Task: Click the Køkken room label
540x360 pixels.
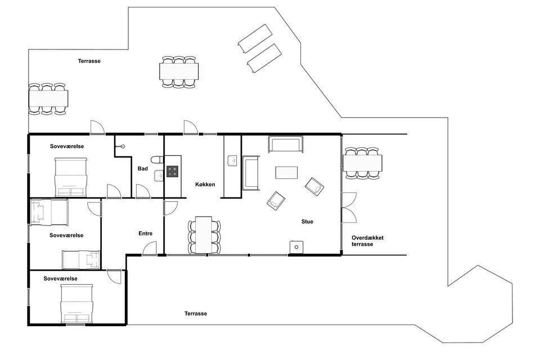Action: (205, 184)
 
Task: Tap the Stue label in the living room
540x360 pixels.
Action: (307, 222)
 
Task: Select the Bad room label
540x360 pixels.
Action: (142, 168)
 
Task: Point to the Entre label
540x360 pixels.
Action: (145, 233)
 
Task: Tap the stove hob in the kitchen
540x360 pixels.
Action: (173, 171)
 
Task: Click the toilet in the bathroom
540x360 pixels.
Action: (157, 160)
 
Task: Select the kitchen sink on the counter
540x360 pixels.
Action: (232, 161)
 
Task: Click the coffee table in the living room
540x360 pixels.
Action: (286, 173)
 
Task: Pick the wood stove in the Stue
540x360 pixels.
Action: (296, 247)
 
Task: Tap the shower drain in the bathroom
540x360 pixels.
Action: (123, 146)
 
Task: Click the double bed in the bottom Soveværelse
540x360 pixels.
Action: (77, 304)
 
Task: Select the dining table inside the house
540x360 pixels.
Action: (204, 235)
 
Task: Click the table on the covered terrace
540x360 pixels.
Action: (362, 163)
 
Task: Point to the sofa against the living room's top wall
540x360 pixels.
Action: (286, 145)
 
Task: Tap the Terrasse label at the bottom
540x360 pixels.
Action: (196, 313)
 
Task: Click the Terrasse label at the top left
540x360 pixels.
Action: (89, 61)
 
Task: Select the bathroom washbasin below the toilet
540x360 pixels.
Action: (159, 175)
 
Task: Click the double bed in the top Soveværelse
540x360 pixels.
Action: (71, 177)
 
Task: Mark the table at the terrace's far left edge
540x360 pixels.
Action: (48, 98)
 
